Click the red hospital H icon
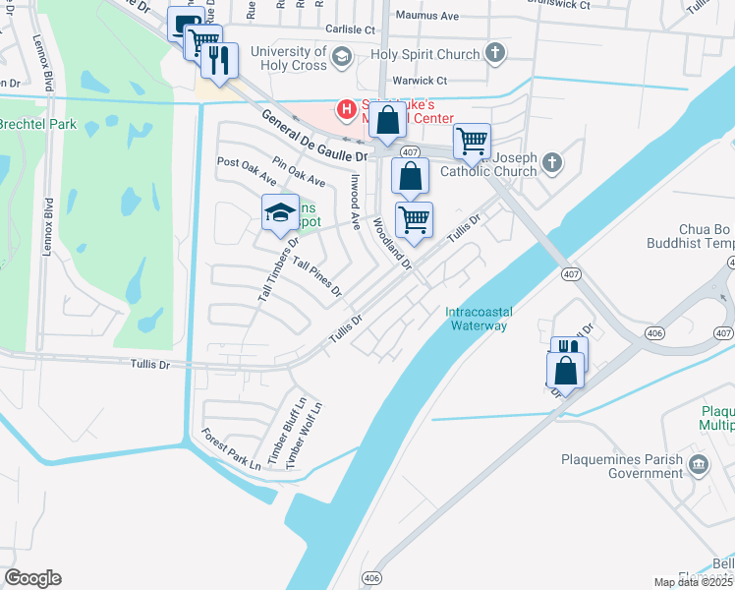pyautogui.click(x=345, y=108)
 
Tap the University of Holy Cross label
pyautogui.click(x=288, y=58)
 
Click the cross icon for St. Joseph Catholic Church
pyautogui.click(x=552, y=162)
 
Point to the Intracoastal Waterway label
pyautogui.click(x=477, y=319)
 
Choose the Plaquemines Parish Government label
pyautogui.click(x=620, y=466)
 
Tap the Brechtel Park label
pyautogui.click(x=36, y=125)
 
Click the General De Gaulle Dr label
pyautogui.click(x=314, y=136)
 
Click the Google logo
pyautogui.click(x=32, y=578)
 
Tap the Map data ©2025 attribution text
pyautogui.click(x=694, y=582)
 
